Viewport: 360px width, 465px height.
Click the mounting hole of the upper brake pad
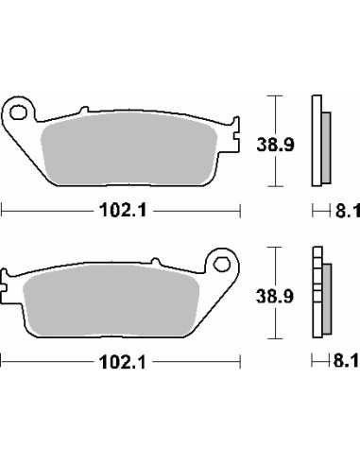(x=17, y=112)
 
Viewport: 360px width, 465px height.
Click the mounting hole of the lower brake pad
(x=221, y=265)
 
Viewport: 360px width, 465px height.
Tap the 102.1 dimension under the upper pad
(x=123, y=211)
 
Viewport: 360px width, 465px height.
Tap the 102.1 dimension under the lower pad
(x=123, y=362)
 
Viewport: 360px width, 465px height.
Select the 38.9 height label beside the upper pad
(x=275, y=145)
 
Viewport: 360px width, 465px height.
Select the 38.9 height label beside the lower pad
(x=275, y=297)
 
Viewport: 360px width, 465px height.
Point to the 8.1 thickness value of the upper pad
(x=347, y=211)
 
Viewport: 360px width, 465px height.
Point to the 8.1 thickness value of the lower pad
(x=347, y=360)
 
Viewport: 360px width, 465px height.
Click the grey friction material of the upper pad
(x=129, y=149)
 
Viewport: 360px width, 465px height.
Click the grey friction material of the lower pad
(x=111, y=301)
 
